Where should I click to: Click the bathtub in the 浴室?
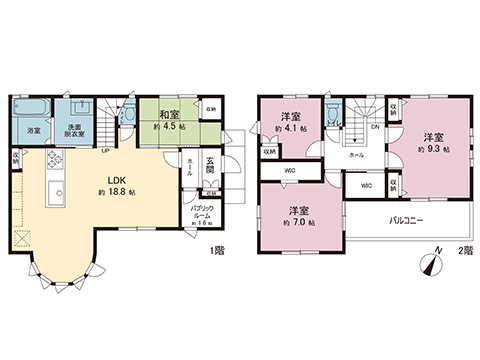coord(31,109)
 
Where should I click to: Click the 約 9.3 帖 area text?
coord(432,149)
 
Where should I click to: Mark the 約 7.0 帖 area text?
coord(298,222)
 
